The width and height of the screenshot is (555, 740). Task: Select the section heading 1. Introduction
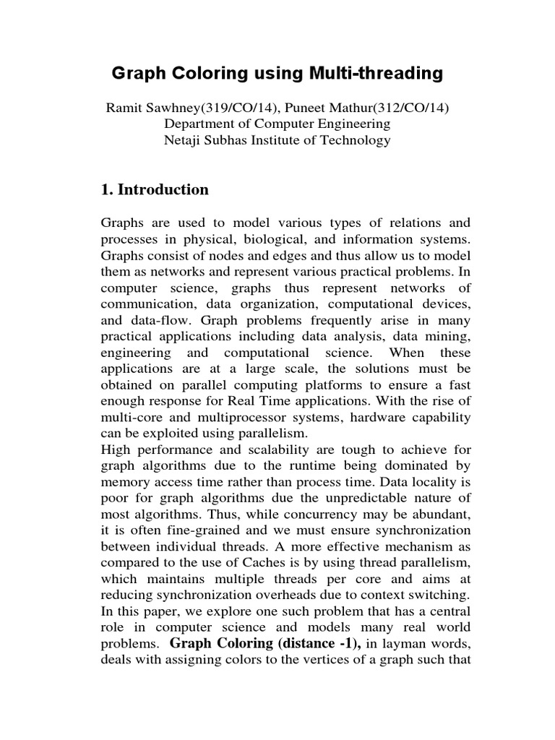coord(155,190)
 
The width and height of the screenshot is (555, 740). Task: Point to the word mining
coord(452,336)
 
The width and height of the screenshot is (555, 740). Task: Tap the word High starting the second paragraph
coord(114,449)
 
